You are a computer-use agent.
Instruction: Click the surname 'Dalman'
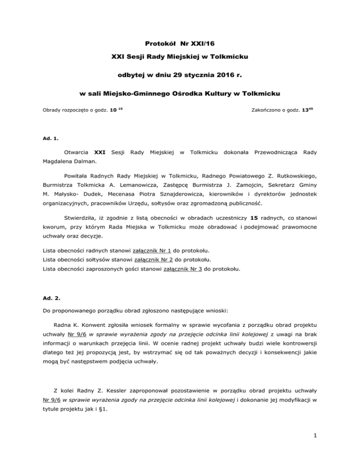click(95, 160)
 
